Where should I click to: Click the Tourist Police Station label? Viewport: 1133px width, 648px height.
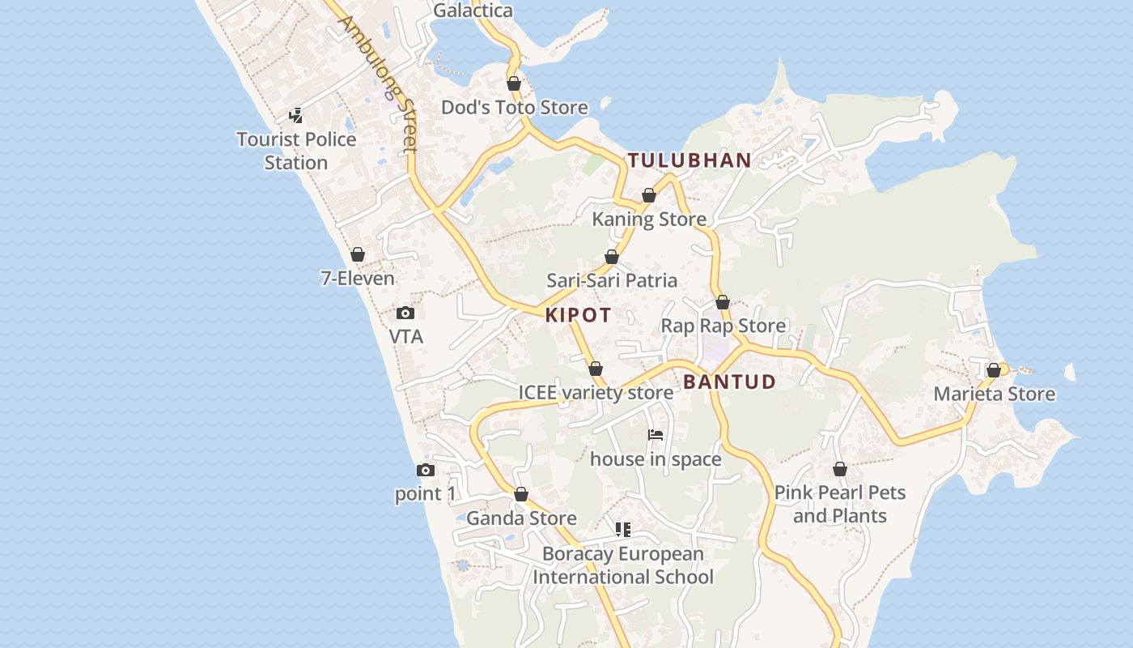click(x=296, y=151)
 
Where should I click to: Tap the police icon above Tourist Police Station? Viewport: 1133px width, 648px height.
click(x=296, y=116)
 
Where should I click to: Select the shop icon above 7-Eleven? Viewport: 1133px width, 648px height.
click(x=358, y=255)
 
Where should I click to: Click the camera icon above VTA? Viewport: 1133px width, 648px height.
click(x=405, y=313)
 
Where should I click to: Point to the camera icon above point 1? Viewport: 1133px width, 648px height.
click(x=426, y=471)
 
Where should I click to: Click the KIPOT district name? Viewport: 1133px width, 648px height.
click(x=578, y=315)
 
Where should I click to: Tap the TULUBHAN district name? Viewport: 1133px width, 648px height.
click(x=690, y=160)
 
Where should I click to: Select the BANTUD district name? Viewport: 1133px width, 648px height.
click(x=729, y=382)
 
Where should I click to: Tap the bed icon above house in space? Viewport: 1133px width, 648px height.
click(x=656, y=436)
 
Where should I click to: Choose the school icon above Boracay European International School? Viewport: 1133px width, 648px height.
click(x=623, y=530)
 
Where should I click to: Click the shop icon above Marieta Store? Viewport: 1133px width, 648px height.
click(x=994, y=371)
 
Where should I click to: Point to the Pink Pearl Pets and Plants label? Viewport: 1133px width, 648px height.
click(x=840, y=504)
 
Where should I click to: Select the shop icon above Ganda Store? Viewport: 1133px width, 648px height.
click(x=521, y=495)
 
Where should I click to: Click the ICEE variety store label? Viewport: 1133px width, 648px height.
click(x=596, y=393)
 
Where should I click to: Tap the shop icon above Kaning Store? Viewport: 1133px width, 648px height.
click(x=649, y=195)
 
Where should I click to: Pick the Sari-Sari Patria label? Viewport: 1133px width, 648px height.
click(x=612, y=280)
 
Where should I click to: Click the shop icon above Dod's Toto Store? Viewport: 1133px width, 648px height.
click(x=514, y=83)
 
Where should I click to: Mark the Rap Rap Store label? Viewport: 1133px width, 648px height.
click(x=724, y=326)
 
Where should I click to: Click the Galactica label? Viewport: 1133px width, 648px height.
click(x=473, y=11)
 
